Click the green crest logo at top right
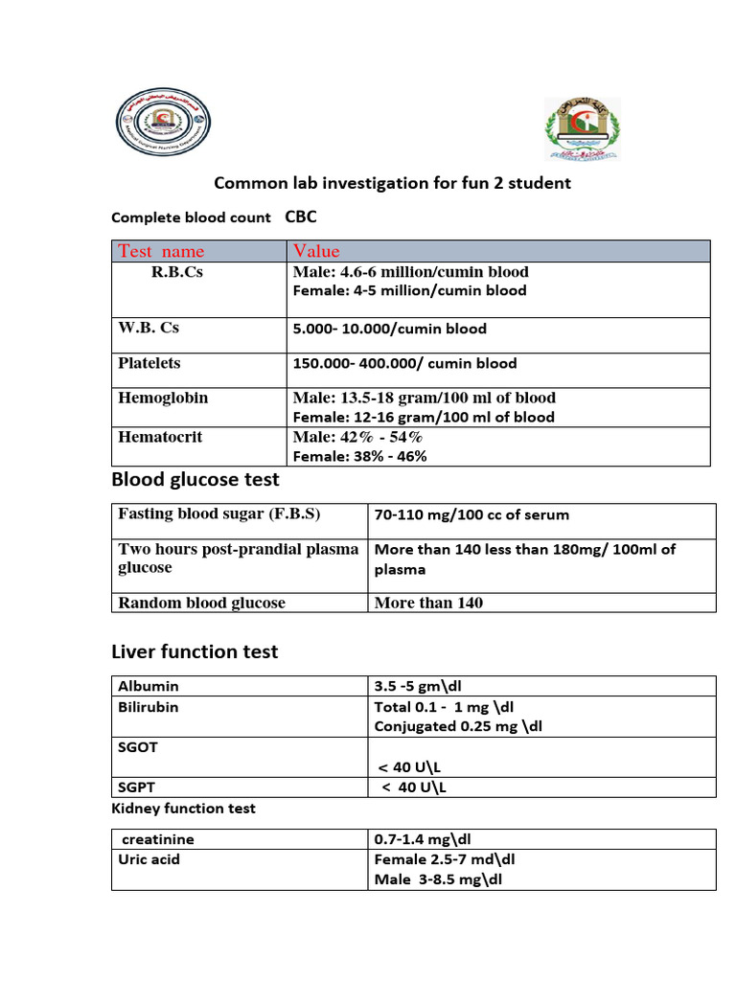tap(582, 126)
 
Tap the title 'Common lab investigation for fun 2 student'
tap(392, 182)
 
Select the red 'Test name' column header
tap(161, 251)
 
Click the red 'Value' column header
tap(316, 251)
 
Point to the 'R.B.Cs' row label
tap(177, 272)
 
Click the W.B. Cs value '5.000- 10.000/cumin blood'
tap(389, 329)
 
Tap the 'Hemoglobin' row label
tap(163, 398)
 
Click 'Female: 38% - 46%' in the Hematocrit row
tap(359, 456)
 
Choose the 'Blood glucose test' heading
tap(195, 479)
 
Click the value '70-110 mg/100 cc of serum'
tap(471, 514)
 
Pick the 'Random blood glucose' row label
tap(201, 603)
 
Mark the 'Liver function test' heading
tap(195, 651)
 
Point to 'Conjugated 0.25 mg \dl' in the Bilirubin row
tap(458, 726)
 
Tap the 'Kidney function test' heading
tap(183, 809)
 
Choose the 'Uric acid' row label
tap(149, 859)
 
